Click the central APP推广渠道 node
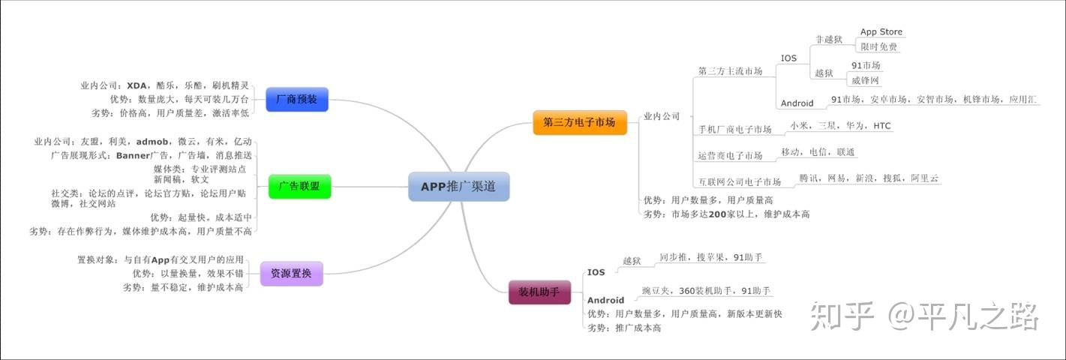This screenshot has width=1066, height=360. [x=458, y=187]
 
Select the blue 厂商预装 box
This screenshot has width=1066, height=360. [x=296, y=99]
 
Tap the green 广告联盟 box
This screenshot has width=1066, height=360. [x=299, y=186]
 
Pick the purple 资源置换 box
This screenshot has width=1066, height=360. [x=291, y=273]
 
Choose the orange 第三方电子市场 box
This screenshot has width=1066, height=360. [x=579, y=121]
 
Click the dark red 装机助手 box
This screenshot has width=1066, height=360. [x=539, y=290]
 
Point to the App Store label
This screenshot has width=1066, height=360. [x=881, y=32]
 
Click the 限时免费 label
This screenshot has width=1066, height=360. [x=878, y=46]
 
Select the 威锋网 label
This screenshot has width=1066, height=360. [x=866, y=80]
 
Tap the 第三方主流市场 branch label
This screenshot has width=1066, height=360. [x=730, y=72]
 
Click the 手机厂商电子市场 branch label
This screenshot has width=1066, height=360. [x=734, y=130]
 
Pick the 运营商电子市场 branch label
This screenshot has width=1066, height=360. [x=730, y=156]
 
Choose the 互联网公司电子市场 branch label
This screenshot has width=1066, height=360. [x=739, y=182]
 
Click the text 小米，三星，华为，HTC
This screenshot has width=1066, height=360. [x=841, y=126]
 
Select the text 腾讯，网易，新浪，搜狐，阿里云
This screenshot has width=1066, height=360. [x=869, y=178]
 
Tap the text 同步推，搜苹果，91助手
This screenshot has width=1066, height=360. [x=710, y=257]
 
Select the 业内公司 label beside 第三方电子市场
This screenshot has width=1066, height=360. [x=662, y=116]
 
